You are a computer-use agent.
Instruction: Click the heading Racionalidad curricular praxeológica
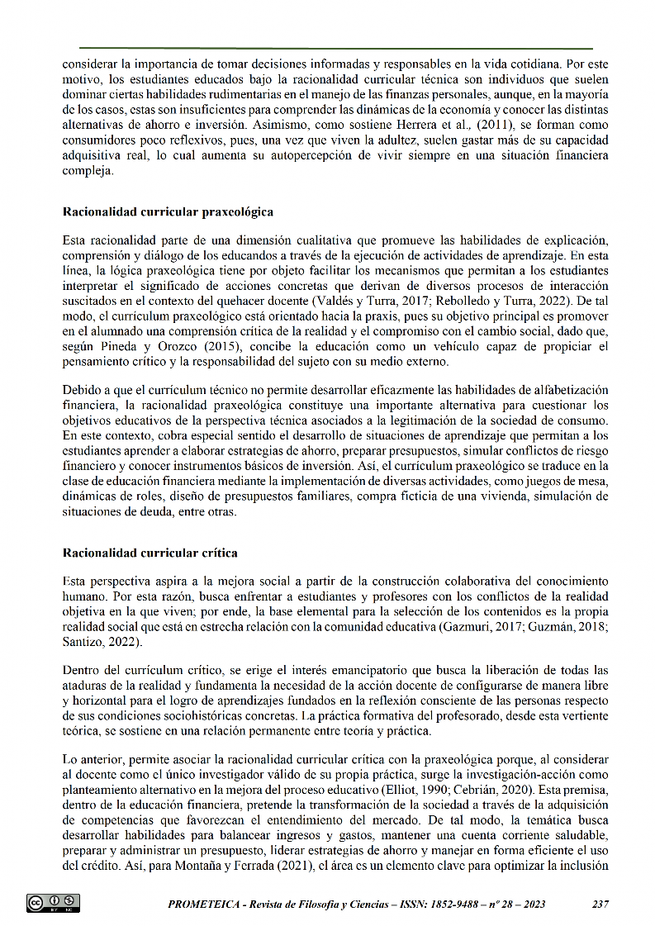click(168, 211)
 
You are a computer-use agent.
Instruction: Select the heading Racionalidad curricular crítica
click(150, 552)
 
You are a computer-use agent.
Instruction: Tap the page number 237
click(600, 905)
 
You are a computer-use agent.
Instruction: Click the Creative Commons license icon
click(54, 904)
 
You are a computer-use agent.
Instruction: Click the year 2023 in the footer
click(529, 905)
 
